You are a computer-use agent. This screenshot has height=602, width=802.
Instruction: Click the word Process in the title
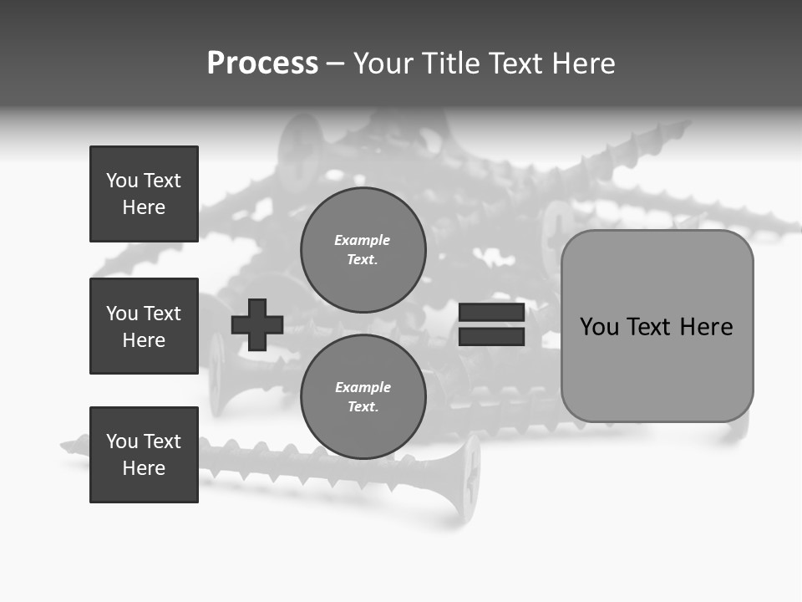tap(262, 63)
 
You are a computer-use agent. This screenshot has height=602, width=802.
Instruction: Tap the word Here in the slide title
tap(585, 63)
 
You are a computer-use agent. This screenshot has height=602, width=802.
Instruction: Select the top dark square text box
tap(144, 194)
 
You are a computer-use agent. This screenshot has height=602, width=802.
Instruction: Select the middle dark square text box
tap(144, 326)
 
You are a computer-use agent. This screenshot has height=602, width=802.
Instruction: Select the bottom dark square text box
tap(144, 455)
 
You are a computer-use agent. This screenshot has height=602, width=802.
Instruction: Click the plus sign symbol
tap(257, 324)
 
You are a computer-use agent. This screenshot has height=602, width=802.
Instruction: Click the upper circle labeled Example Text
tap(363, 250)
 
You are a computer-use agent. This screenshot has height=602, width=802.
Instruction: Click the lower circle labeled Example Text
tap(363, 397)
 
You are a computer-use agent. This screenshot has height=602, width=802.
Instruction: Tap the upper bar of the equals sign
tap(491, 313)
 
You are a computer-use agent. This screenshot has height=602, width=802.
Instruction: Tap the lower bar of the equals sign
tap(491, 337)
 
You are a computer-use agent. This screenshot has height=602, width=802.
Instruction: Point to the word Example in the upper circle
tap(363, 240)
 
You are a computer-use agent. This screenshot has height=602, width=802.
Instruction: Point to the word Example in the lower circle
tap(363, 387)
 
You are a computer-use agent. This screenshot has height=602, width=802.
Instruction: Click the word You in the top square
tap(122, 181)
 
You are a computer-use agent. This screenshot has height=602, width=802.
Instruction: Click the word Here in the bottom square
tap(144, 468)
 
